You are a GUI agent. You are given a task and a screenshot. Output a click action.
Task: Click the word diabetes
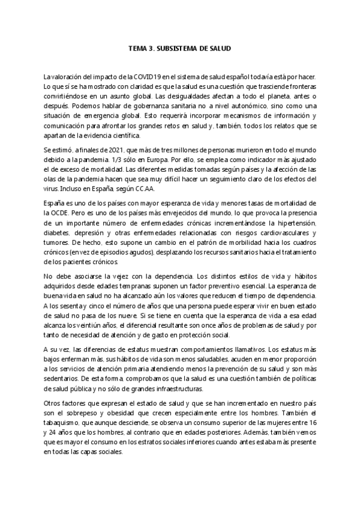pyautogui.click(x=58, y=230)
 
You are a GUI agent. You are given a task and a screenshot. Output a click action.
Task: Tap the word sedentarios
pyautogui.click(x=62, y=372)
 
